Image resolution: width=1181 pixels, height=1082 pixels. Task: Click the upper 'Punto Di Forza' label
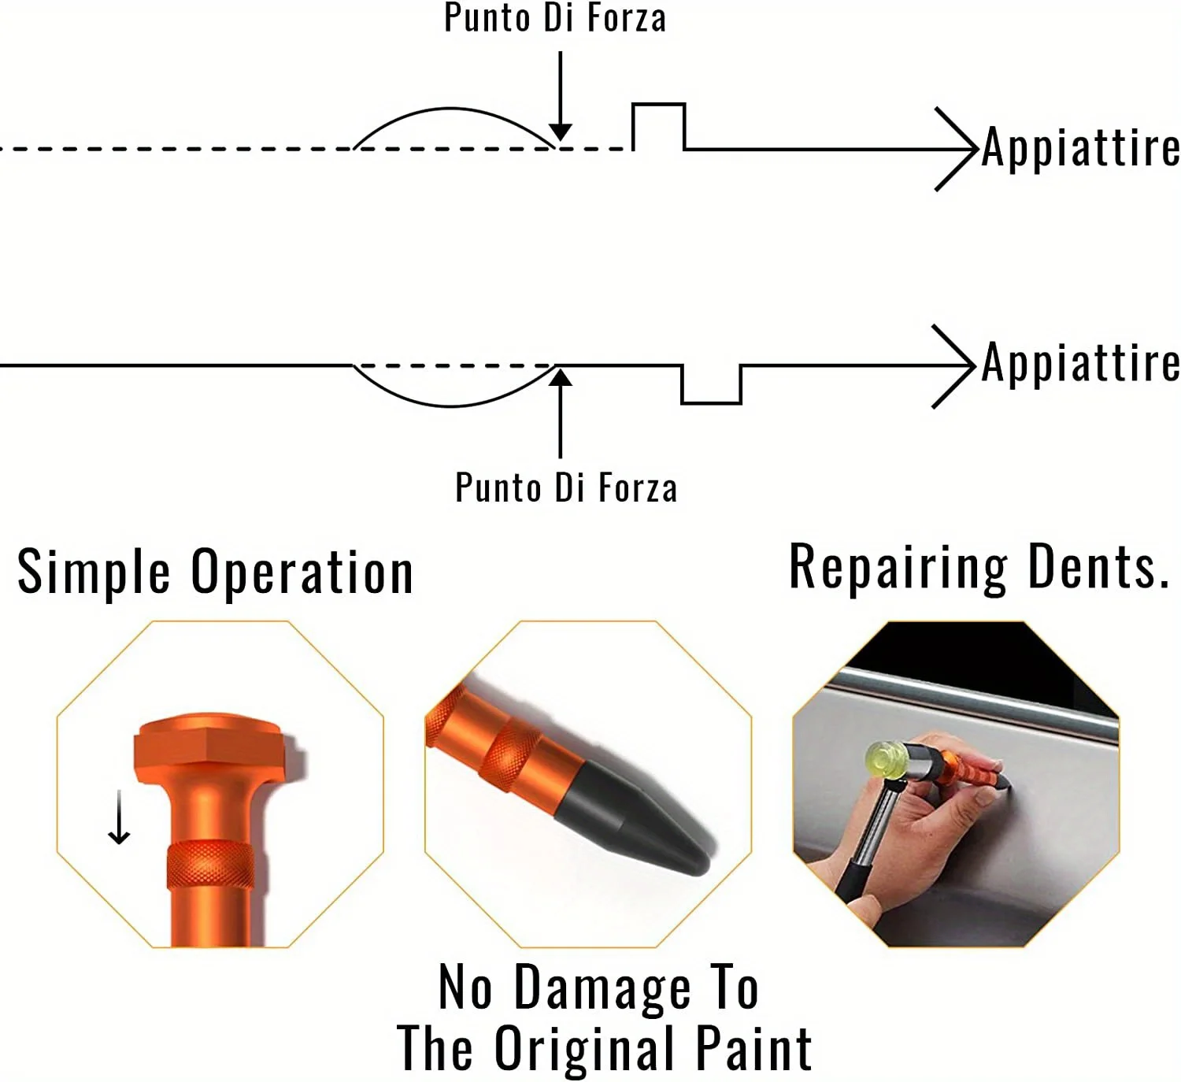(554, 17)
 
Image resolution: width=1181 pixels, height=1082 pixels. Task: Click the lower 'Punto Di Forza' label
(566, 487)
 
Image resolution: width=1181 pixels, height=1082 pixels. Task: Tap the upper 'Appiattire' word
(1080, 146)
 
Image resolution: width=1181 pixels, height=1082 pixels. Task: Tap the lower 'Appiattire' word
(1080, 362)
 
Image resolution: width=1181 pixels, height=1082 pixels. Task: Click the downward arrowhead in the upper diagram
(561, 132)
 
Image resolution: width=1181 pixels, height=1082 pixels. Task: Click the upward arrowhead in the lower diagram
(561, 377)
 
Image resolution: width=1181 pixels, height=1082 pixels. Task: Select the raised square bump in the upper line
(659, 104)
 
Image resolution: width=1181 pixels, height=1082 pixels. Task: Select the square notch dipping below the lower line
(711, 403)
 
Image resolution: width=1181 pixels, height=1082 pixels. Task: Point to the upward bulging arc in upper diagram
(451, 109)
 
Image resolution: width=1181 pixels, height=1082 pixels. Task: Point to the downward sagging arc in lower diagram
(452, 406)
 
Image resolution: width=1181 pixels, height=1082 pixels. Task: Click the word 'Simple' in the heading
(94, 572)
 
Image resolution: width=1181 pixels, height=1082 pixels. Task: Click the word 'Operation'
(302, 572)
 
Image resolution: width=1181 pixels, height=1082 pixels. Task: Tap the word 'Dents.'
(1098, 567)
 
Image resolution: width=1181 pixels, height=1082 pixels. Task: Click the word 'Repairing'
(898, 568)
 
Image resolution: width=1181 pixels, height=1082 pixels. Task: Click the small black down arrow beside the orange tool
(119, 817)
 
